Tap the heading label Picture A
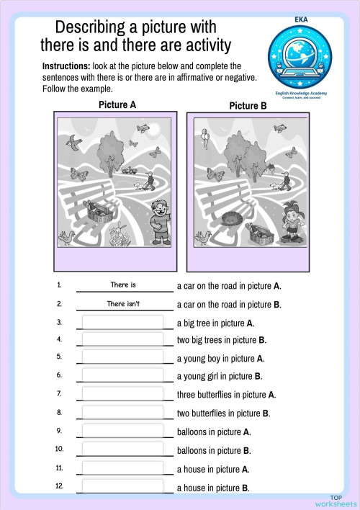[117, 105]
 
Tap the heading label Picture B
[248, 106]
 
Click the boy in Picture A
[160, 220]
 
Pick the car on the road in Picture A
[128, 171]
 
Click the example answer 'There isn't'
[123, 304]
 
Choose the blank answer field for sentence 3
[122, 323]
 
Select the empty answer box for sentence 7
[122, 394]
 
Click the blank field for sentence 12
[122, 487]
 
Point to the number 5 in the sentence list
[59, 357]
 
